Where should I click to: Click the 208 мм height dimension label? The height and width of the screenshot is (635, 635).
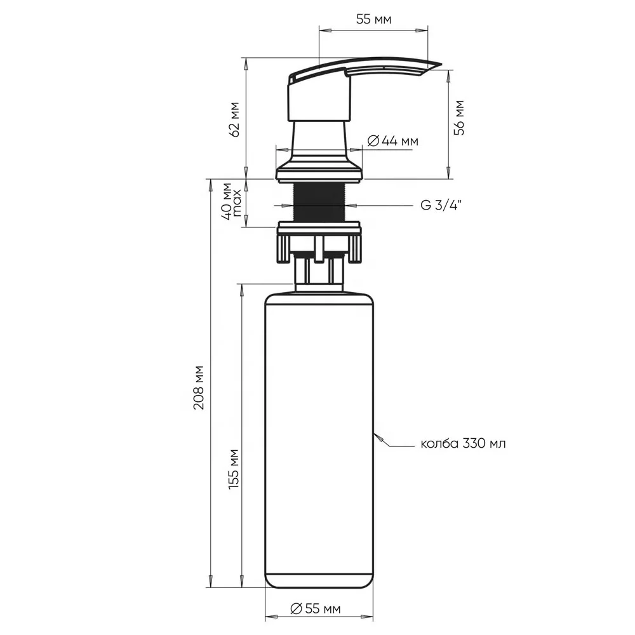coord(199,387)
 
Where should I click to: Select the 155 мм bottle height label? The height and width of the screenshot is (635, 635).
coord(232,467)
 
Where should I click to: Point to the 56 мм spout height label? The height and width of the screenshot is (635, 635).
coord(460,117)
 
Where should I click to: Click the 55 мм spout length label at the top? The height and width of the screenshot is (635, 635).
coord(373,20)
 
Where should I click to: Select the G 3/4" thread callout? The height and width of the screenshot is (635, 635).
coord(441,204)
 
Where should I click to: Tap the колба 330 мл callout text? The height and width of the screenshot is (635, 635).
coord(463,443)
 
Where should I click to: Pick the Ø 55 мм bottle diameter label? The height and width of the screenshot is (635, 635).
coord(316,609)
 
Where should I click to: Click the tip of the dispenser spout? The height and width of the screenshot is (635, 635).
coord(437,64)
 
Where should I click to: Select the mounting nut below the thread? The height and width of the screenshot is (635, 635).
coord(319,241)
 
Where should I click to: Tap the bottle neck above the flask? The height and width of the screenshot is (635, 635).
coord(319,274)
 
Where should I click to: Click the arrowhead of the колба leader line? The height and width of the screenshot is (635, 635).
coord(377,435)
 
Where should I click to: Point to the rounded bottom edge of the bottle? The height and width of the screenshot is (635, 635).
coord(319,585)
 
